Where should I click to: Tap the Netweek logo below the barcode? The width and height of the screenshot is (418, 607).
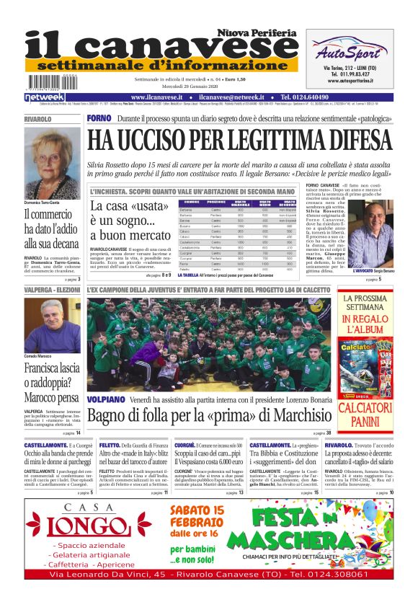click(x=45, y=97)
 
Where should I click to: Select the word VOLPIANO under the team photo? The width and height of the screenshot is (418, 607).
click(x=107, y=399)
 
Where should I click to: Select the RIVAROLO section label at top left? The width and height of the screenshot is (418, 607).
click(x=37, y=118)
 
